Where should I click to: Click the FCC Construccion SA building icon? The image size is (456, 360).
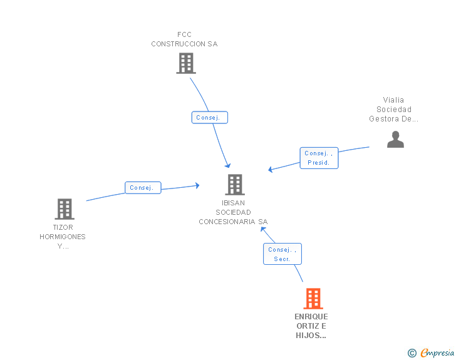point(186,63)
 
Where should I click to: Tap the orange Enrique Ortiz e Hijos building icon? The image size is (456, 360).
point(313,299)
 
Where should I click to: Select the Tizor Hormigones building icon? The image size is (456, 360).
point(65,208)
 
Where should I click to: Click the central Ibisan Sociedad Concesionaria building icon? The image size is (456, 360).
point(235,184)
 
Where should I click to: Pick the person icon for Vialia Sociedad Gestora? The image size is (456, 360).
point(395,139)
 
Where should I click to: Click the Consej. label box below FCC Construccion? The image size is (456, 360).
point(210,118)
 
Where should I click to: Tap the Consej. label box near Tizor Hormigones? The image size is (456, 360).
point(143,188)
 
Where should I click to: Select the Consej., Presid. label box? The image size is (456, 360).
point(319,158)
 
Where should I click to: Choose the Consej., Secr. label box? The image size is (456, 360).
point(282,254)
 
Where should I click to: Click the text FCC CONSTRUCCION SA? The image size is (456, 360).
point(184,39)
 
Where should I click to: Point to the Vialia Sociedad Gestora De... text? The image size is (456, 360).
point(393,110)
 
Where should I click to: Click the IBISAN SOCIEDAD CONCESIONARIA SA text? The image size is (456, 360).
point(233,212)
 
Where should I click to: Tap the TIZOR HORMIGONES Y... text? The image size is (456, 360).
point(63,237)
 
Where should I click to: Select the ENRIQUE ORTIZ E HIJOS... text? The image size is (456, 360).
point(311,326)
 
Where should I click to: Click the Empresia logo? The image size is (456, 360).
point(437,352)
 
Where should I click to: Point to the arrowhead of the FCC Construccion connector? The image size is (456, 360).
point(228,166)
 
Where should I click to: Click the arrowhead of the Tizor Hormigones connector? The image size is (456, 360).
point(197,185)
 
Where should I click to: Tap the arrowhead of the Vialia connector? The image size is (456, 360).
point(270,170)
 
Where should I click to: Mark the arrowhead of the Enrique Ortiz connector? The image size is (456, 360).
point(263,229)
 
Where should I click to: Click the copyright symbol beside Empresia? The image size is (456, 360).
point(412,353)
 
